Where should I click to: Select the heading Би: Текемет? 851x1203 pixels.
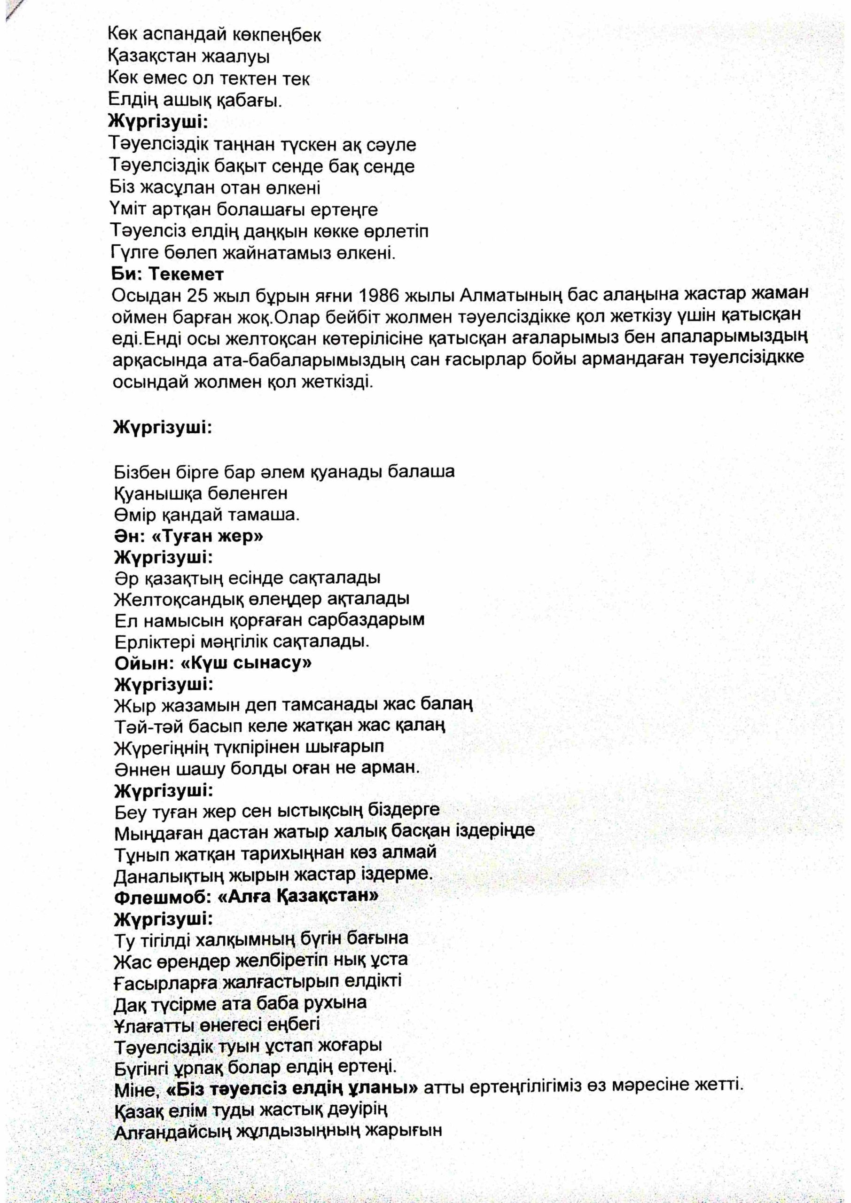tap(167, 274)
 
